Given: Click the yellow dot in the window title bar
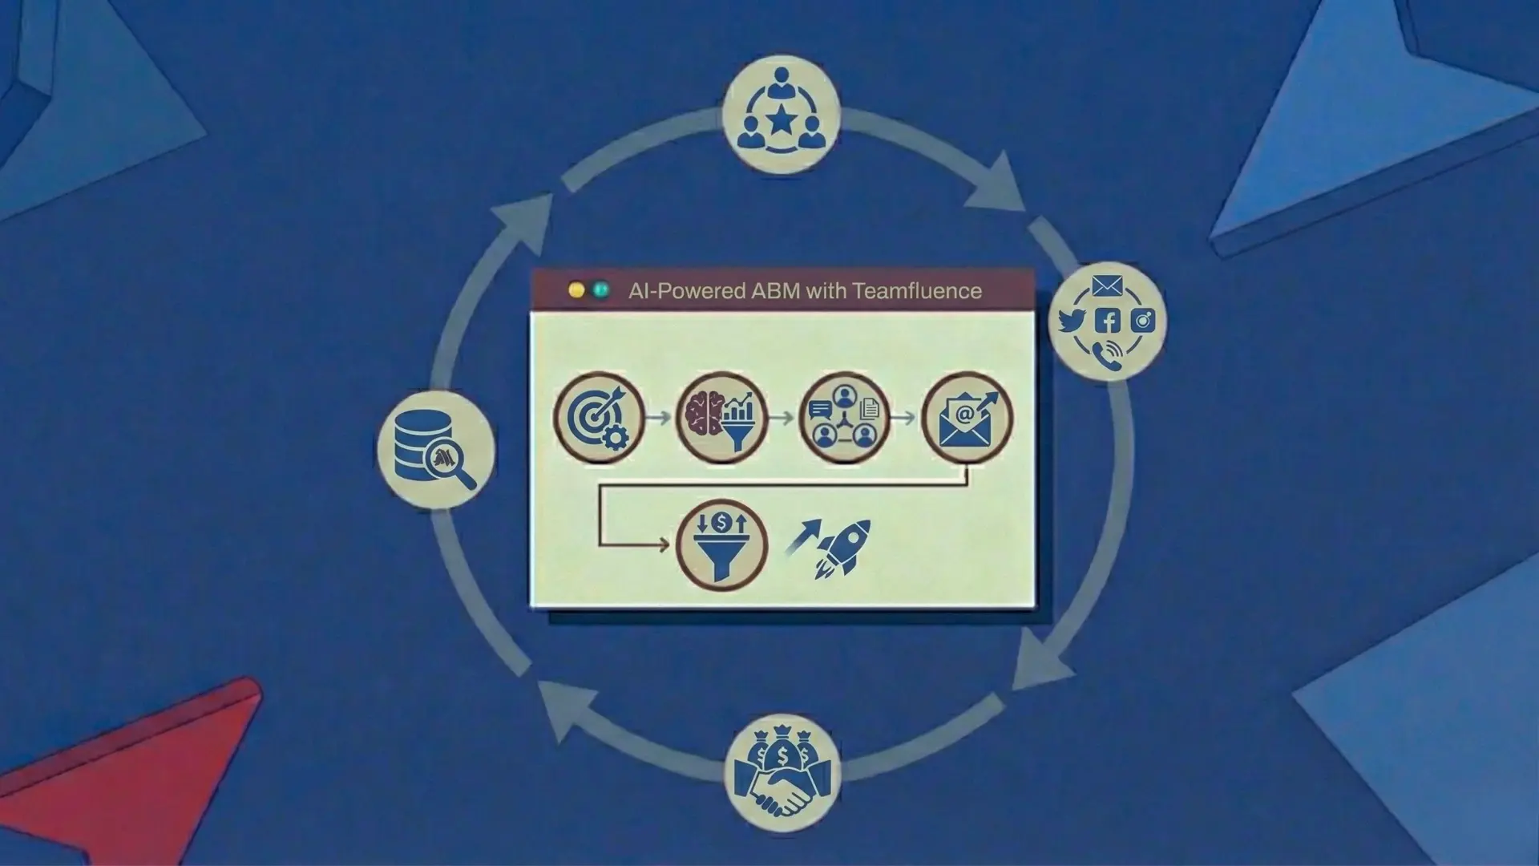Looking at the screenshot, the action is click(576, 290).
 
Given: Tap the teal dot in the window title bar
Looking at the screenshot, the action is click(600, 290).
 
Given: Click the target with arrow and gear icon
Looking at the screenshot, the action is click(599, 418).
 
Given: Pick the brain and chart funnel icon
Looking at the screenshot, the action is click(721, 418).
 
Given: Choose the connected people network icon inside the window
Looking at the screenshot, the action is click(844, 418).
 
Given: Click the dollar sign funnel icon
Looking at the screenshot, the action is click(721, 545).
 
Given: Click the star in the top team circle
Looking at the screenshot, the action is click(781, 123).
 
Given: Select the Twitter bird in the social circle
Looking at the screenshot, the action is click(1072, 321).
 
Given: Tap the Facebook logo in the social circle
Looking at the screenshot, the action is click(1108, 322).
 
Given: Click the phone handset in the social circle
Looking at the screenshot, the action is click(1109, 354).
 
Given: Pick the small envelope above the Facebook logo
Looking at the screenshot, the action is click(1107, 286).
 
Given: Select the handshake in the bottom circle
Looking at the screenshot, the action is click(782, 794).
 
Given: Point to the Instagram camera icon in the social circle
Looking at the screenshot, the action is click(1143, 322).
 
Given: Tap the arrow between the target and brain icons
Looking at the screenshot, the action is click(659, 418).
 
